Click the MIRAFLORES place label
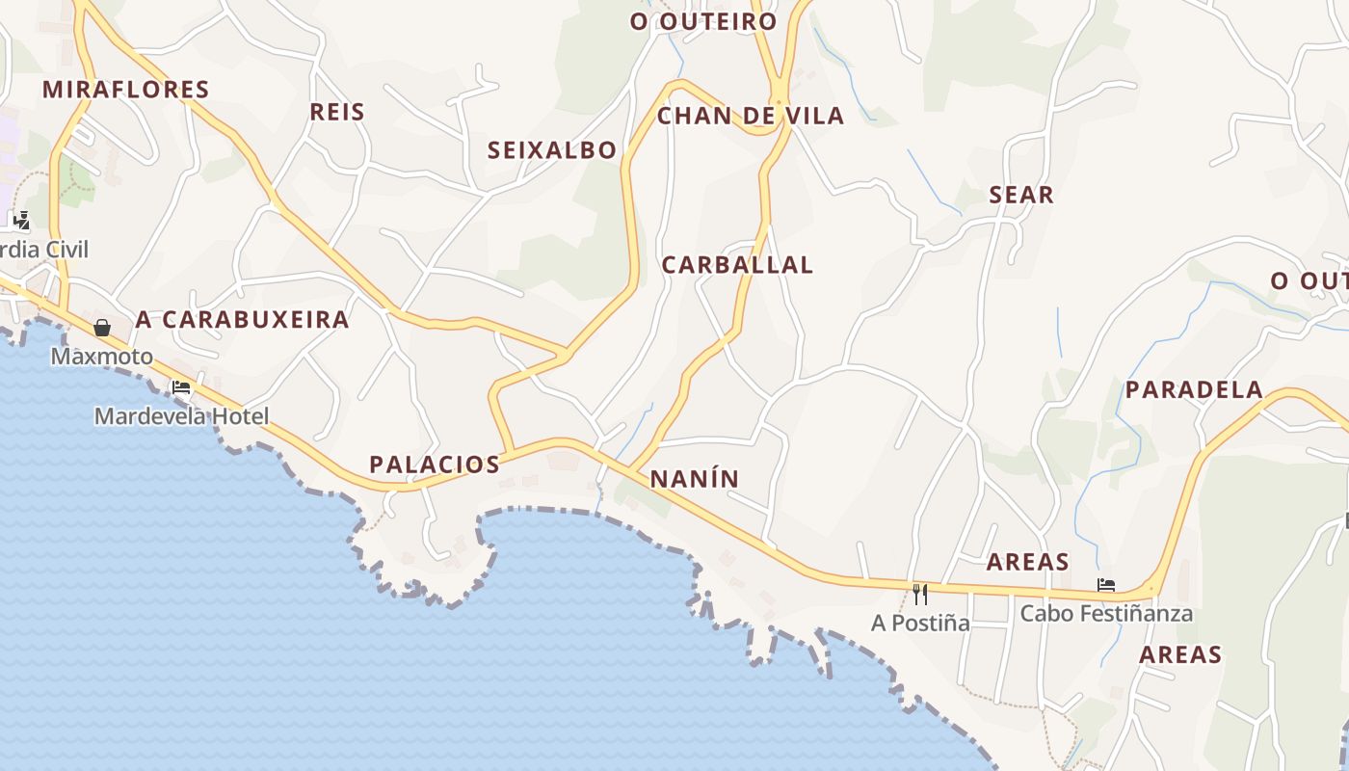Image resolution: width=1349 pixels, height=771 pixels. point(126,90)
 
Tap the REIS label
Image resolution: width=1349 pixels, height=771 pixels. point(337,112)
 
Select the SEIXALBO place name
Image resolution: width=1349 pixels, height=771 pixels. point(551,150)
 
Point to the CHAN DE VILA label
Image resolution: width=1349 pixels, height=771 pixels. point(750,117)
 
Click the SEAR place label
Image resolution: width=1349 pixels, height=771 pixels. point(1021,195)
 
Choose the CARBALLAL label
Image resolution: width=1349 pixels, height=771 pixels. point(737,265)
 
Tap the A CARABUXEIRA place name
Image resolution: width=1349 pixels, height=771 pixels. point(242,320)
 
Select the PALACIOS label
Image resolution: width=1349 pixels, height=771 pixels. point(435,465)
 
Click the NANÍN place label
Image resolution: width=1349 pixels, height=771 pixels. point(694,479)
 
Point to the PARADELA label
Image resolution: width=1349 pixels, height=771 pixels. point(1194,390)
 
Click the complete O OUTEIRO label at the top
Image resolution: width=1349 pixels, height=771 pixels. point(703,21)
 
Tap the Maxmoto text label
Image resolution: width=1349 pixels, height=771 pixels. point(101,357)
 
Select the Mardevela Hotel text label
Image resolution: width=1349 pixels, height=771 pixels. point(181,416)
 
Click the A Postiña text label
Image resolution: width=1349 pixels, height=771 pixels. point(920,623)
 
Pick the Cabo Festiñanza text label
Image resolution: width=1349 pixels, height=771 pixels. point(1106,613)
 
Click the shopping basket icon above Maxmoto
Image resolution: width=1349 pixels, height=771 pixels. point(102,328)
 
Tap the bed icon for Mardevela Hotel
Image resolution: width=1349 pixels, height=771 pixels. point(181,388)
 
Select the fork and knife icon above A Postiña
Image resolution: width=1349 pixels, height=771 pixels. point(920,594)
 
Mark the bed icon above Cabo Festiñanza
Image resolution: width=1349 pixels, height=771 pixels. point(1106,585)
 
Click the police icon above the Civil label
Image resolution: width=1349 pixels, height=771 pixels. point(21,221)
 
